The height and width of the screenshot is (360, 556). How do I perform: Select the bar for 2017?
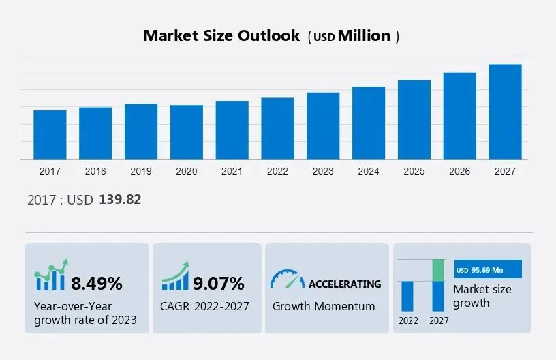pyautogui.click(x=50, y=134)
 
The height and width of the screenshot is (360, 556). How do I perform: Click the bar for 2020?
pyautogui.click(x=187, y=132)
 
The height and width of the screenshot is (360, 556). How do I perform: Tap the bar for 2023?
pyautogui.click(x=323, y=125)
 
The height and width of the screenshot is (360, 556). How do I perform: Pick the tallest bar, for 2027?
pyautogui.click(x=505, y=112)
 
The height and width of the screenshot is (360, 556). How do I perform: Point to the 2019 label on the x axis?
pyautogui.click(x=141, y=171)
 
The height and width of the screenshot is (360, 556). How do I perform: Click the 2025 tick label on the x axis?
pyautogui.click(x=414, y=171)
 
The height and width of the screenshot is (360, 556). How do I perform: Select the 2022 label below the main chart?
pyautogui.click(x=277, y=171)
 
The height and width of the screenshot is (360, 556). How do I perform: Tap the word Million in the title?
pyautogui.click(x=365, y=36)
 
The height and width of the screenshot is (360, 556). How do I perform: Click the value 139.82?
pyautogui.click(x=120, y=200)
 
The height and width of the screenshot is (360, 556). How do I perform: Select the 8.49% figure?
pyautogui.click(x=97, y=282)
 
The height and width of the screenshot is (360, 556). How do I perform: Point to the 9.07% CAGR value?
pyautogui.click(x=218, y=282)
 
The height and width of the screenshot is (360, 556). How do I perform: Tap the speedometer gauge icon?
pyautogui.click(x=287, y=279)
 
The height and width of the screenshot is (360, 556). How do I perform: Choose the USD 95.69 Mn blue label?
pyautogui.click(x=488, y=269)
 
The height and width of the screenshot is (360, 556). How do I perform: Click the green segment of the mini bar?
pyautogui.click(x=438, y=270)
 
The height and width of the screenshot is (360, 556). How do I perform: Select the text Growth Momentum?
pyautogui.click(x=324, y=306)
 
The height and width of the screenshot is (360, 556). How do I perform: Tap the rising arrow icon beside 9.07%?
pyautogui.click(x=175, y=277)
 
